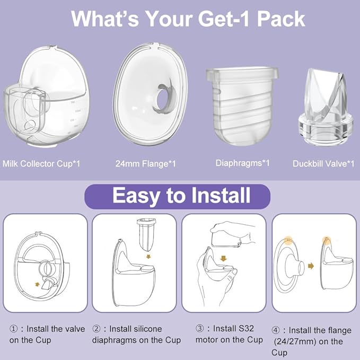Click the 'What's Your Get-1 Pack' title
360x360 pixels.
pyautogui.click(x=188, y=19)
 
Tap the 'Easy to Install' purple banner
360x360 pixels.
pyautogui.click(x=181, y=196)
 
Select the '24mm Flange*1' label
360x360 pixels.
pyautogui.click(x=146, y=164)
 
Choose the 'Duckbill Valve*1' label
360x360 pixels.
pyautogui.click(x=323, y=164)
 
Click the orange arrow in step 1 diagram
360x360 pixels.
pyautogui.click(x=37, y=284)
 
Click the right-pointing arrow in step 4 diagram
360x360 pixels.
pyautogui.click(x=311, y=266)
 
